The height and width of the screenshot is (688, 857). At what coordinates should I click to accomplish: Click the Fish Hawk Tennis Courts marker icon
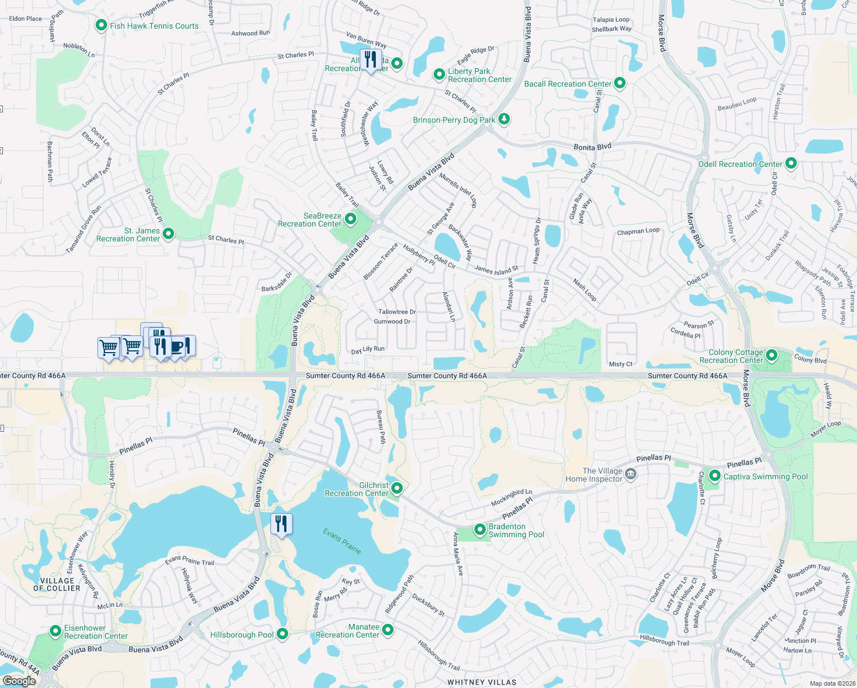101,25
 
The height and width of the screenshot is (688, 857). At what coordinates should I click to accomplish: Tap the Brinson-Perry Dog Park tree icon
504,119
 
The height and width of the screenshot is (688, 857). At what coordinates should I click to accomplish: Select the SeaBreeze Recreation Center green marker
351,219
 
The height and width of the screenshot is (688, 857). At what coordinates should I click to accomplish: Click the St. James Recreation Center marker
168,234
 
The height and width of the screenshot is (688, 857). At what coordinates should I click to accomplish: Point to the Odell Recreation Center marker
791,163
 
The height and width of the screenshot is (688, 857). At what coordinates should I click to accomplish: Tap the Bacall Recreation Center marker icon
619,83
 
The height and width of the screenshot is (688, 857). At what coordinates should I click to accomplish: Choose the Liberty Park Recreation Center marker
439,75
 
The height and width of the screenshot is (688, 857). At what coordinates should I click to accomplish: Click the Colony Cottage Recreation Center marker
772,355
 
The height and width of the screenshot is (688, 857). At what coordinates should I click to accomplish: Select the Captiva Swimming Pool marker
715,476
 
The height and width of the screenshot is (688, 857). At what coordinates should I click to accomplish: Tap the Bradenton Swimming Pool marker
480,530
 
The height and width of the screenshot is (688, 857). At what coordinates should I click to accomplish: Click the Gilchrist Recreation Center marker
396,488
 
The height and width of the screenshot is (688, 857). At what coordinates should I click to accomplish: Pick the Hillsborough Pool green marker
282,634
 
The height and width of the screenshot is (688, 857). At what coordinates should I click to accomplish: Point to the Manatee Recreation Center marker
388,630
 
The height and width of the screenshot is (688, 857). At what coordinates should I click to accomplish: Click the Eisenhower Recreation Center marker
56,631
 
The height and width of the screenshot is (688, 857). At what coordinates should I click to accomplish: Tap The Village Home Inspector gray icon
631,474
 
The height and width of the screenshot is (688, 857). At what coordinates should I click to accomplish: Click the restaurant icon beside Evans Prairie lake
281,523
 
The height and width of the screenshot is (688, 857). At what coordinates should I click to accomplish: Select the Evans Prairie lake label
341,541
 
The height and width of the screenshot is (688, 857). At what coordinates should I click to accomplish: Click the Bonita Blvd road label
592,147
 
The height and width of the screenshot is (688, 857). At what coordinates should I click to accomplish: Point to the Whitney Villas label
482,682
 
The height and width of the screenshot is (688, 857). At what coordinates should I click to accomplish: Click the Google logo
19,681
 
